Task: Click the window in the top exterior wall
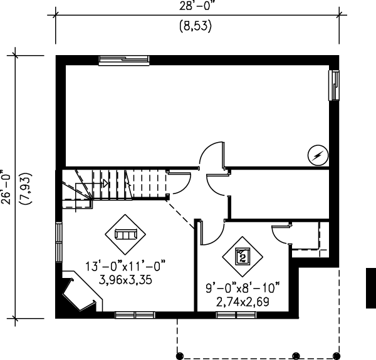point(124,60)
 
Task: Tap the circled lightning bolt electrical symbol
point(318,155)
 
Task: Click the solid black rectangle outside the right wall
point(371,288)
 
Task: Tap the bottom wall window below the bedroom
point(233,315)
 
